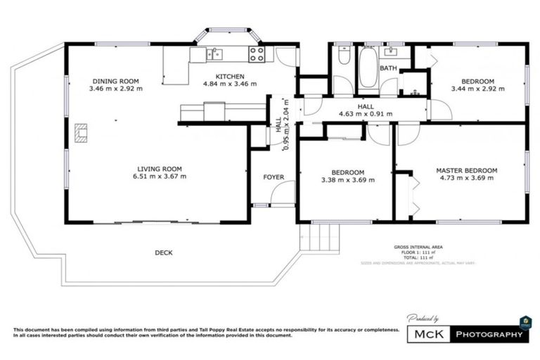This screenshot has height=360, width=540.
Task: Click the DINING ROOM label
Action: [x=115, y=80]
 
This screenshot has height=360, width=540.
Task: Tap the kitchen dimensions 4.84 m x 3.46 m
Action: [x=229, y=84]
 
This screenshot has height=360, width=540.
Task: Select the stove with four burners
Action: [x=256, y=53]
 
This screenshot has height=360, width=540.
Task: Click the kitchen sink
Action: [x=214, y=53]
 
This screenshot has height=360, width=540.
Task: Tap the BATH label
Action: [x=388, y=68]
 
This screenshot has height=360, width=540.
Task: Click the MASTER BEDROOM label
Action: [x=466, y=170]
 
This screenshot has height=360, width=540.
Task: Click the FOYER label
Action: [x=273, y=176]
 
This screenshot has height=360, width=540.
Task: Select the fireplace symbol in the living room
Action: [x=82, y=133]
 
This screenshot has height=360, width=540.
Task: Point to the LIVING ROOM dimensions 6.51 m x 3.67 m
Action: [x=162, y=176]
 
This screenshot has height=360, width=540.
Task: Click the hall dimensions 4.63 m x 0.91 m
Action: [x=365, y=113]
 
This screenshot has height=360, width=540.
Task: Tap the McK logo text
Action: [x=429, y=334]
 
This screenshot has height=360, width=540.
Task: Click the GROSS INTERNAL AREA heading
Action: [x=418, y=247]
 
